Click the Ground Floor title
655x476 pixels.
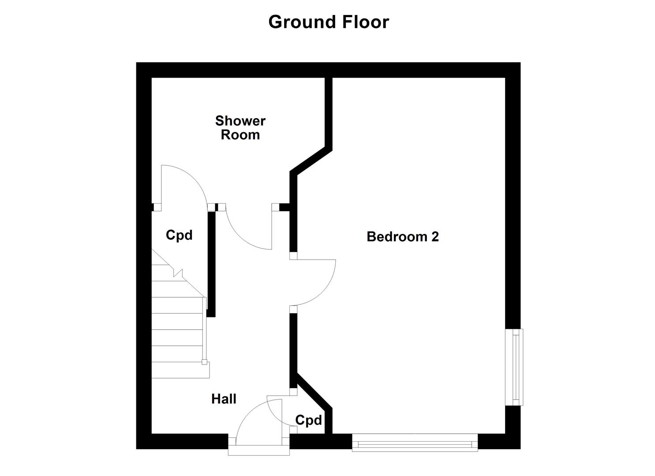pyautogui.click(x=329, y=22)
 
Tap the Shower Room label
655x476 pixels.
pyautogui.click(x=240, y=127)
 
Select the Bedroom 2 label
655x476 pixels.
pyautogui.click(x=403, y=237)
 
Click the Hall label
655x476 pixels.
pyautogui.click(x=224, y=399)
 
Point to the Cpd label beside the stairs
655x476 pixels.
pyautogui.click(x=179, y=235)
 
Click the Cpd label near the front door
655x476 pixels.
pyautogui.click(x=308, y=420)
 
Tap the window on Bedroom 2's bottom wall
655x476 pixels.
pyautogui.click(x=415, y=443)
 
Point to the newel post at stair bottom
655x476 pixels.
pyautogui.click(x=204, y=362)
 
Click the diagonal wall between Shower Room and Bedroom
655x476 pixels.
pyautogui.click(x=311, y=161)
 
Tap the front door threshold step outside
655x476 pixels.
pyautogui.click(x=259, y=451)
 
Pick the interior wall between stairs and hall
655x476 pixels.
pyautogui.click(x=211, y=264)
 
